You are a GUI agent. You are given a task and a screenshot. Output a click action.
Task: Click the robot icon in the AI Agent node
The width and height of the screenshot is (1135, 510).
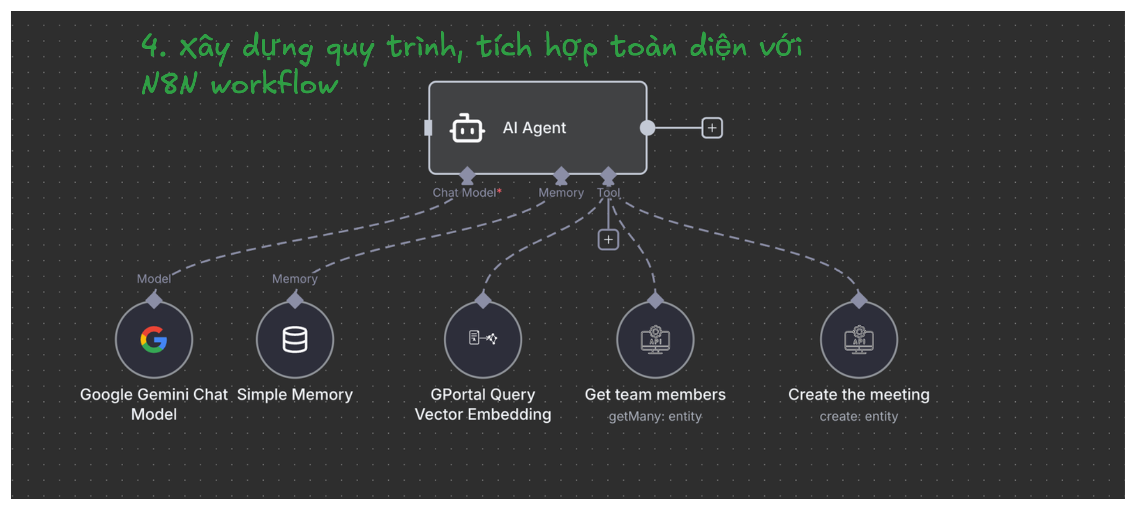[x=467, y=128]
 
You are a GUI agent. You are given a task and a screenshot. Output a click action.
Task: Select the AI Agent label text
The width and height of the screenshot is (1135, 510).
[x=534, y=128]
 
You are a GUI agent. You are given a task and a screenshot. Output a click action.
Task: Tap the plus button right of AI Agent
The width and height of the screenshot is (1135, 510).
[x=712, y=128]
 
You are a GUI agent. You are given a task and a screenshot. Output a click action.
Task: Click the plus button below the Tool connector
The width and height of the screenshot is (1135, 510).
[x=608, y=240]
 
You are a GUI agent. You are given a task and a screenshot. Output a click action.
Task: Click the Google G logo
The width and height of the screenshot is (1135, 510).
[x=154, y=340]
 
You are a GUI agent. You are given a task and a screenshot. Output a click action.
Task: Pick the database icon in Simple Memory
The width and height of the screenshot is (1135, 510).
[x=295, y=340]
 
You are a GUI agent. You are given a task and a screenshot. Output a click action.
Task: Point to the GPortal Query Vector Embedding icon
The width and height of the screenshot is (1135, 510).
[x=483, y=339]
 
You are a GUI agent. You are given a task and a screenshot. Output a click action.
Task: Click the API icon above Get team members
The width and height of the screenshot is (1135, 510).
[x=655, y=340]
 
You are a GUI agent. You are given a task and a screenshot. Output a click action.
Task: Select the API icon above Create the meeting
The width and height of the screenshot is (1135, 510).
[x=859, y=340]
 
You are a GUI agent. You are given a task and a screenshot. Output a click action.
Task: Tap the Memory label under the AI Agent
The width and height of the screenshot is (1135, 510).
[x=561, y=193]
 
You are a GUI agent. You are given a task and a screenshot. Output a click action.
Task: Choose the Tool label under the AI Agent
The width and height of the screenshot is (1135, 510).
[x=608, y=193]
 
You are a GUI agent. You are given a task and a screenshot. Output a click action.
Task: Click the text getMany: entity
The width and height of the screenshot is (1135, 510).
[x=655, y=416]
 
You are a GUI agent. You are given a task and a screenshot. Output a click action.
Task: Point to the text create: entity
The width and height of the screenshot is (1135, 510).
[x=859, y=416]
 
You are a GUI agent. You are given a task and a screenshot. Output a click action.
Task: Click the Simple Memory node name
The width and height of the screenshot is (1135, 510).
[x=295, y=395]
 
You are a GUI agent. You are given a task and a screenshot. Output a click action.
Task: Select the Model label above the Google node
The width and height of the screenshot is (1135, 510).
[x=154, y=279]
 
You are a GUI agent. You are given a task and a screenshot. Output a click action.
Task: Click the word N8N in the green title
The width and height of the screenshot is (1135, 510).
[x=169, y=85]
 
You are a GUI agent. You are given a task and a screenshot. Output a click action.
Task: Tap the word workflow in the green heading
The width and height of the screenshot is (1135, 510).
[x=274, y=85]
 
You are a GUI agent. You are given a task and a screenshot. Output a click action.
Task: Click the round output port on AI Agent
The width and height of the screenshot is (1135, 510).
[x=647, y=128]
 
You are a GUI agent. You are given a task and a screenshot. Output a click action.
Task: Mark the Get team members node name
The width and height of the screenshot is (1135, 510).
[x=655, y=395]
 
